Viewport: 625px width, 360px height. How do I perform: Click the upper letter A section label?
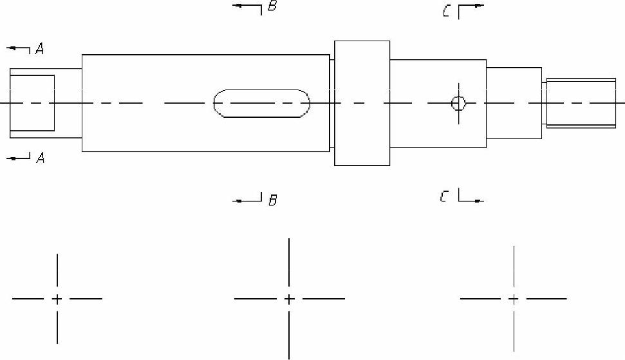pos(40,49)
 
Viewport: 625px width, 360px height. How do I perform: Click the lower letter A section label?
pos(40,158)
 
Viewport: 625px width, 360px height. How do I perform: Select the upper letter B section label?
pos(272,7)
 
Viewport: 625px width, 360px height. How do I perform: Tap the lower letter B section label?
pos(272,200)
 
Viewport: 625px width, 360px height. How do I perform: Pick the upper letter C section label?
pos(446,12)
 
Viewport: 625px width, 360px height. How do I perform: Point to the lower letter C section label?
pos(444,196)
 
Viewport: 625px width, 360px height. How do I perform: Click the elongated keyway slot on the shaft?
pos(261,103)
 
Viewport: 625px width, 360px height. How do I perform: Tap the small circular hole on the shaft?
pos(458,103)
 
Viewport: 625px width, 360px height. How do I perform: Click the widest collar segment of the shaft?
pos(362,103)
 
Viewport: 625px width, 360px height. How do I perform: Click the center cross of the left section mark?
pos(57,299)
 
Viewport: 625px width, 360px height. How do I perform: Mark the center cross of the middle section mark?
pos(289,299)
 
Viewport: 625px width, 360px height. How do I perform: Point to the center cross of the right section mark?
pos(514,299)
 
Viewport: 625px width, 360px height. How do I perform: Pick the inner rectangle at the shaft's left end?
pos(32,103)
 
